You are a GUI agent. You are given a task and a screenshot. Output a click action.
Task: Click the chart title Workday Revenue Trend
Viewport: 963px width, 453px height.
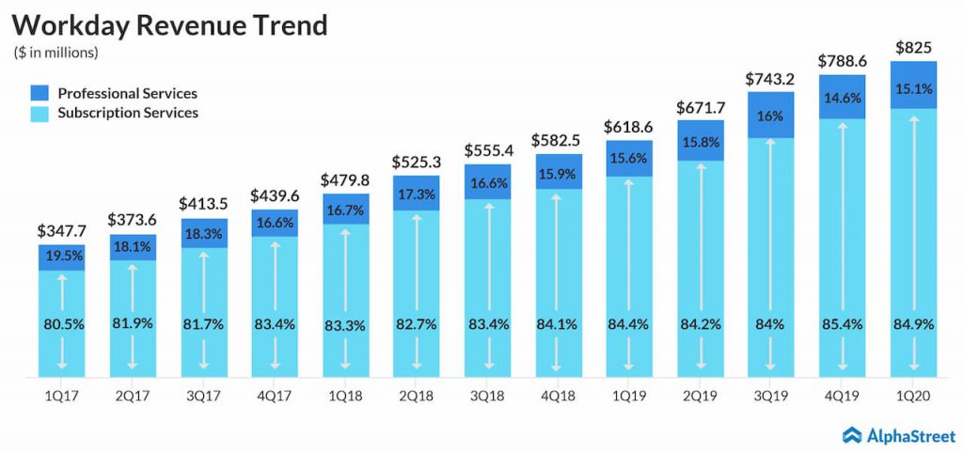[x=170, y=25]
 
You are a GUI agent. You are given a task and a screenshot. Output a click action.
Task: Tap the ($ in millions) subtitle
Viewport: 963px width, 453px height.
[x=56, y=53]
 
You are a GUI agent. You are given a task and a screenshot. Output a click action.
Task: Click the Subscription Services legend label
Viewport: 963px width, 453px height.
[x=128, y=113]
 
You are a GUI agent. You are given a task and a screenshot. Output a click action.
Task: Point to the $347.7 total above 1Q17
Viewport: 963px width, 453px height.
[x=61, y=231]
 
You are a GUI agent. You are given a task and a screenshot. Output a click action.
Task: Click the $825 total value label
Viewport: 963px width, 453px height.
[x=911, y=46]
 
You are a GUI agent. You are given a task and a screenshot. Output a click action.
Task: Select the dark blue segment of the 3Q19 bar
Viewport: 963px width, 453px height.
[x=770, y=115]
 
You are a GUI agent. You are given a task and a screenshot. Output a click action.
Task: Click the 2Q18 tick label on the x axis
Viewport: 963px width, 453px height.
[x=415, y=397]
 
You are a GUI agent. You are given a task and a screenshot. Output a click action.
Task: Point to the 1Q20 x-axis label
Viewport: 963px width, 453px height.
[x=911, y=397]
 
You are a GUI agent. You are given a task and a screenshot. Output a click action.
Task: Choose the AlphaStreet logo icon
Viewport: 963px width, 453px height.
[x=852, y=434]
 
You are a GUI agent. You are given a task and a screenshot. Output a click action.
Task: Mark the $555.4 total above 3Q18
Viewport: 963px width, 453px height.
[x=486, y=149]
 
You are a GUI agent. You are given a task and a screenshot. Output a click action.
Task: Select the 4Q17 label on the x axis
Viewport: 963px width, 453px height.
[x=274, y=397]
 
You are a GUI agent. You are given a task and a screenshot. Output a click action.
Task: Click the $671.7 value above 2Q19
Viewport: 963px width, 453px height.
[x=699, y=107]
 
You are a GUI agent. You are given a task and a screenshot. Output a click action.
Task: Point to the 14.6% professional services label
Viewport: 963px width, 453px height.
[x=841, y=96]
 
